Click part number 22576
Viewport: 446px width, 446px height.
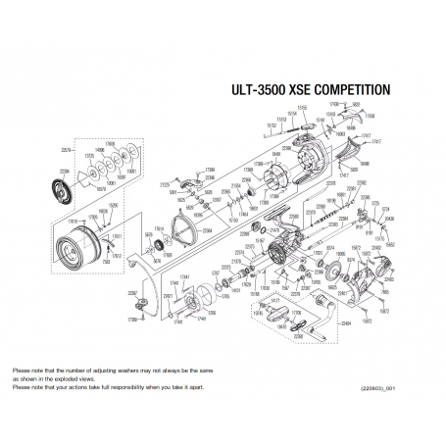click(68, 150)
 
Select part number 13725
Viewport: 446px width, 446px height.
click(89, 156)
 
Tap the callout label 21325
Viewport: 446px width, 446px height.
click(166, 183)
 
